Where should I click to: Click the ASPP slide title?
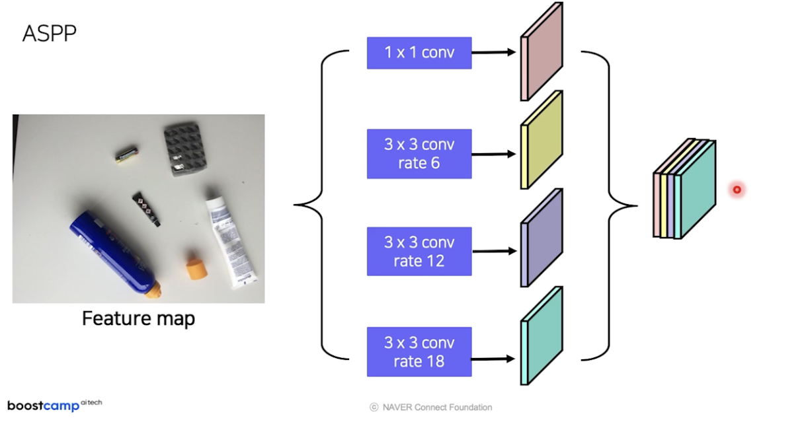[x=49, y=33]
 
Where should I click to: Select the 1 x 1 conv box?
[x=419, y=53]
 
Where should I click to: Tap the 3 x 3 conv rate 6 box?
[x=419, y=153]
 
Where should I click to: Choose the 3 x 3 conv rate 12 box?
[x=419, y=252]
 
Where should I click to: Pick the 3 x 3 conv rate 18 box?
[x=419, y=352]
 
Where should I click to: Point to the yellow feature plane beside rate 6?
[x=542, y=140]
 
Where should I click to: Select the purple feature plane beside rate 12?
[x=542, y=238]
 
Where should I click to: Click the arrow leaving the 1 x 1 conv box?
[x=493, y=52]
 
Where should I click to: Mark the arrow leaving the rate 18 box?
[x=493, y=359]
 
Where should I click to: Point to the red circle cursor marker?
[x=737, y=190]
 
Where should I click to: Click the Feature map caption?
[x=138, y=318]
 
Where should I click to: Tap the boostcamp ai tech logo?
[x=54, y=405]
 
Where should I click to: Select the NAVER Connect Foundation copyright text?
[x=430, y=408]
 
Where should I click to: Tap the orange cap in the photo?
[x=195, y=266]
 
